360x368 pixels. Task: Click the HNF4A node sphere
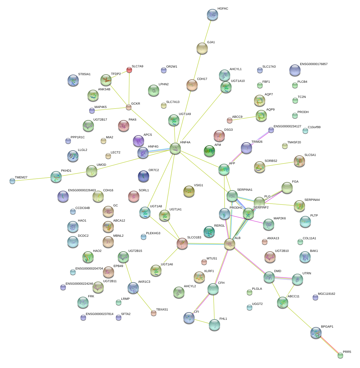point(175,148)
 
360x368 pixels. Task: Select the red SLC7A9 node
point(129,70)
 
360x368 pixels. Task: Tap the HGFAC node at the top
point(213,15)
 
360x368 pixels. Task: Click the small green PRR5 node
point(340,355)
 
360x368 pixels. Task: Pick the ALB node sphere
point(230,244)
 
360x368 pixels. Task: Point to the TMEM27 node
point(12,181)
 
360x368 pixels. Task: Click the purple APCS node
point(139,141)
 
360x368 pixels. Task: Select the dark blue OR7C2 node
point(144,176)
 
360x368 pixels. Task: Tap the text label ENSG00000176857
point(313,64)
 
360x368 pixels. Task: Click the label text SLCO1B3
point(194,238)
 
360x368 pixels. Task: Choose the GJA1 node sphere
point(202,49)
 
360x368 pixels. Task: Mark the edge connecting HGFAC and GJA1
point(207,31)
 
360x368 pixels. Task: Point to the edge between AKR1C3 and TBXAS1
point(143,300)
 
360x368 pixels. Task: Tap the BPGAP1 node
point(316,333)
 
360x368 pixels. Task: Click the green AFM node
point(209,151)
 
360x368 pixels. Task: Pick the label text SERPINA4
point(312,200)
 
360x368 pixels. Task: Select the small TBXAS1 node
point(153,313)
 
